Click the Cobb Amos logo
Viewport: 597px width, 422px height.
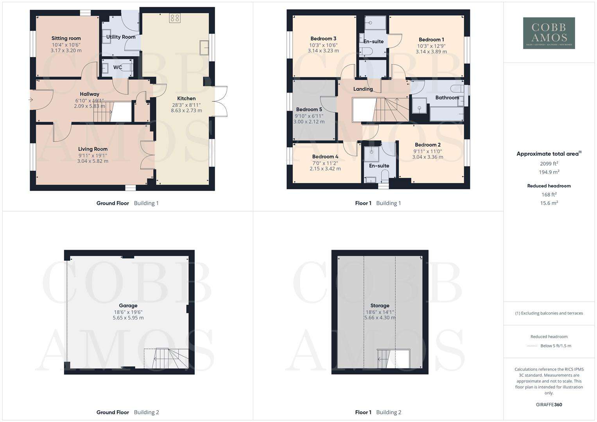(549, 33)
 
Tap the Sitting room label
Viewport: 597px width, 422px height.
(66, 38)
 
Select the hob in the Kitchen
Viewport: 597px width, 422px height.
(175, 18)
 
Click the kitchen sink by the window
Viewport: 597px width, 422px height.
(204, 48)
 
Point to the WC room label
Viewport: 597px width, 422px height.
(118, 67)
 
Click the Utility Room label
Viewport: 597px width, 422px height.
(121, 37)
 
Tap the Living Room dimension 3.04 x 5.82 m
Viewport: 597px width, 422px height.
(93, 161)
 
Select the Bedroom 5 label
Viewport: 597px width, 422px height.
(309, 109)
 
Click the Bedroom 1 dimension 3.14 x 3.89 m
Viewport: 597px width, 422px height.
(431, 52)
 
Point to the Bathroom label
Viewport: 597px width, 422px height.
(447, 98)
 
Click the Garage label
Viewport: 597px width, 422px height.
(128, 306)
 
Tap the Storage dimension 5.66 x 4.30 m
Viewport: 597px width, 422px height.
(380, 318)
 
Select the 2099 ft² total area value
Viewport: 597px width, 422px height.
(549, 164)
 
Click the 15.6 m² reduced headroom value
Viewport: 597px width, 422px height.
(549, 203)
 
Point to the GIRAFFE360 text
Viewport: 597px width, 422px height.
(549, 405)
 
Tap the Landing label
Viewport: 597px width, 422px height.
(363, 89)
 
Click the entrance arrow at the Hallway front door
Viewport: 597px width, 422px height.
(31, 100)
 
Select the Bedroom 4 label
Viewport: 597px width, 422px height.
(325, 157)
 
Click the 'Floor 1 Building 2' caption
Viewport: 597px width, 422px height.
(378, 412)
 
